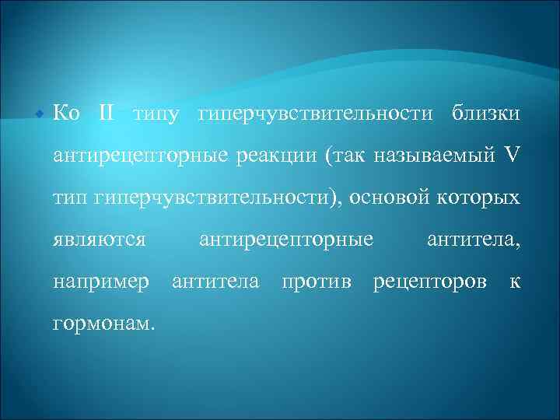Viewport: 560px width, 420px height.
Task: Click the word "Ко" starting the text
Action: tap(67, 114)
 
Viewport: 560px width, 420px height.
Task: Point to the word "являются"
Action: tap(100, 239)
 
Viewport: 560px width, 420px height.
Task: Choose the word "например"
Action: tap(101, 281)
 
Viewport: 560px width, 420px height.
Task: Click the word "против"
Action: tap(316, 281)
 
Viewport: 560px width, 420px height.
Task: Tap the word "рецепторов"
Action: tap(430, 281)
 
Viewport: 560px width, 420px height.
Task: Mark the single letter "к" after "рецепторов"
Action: tap(514, 281)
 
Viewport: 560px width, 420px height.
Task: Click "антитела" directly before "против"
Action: tap(215, 281)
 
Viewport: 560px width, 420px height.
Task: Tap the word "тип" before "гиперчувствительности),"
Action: tap(70, 198)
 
